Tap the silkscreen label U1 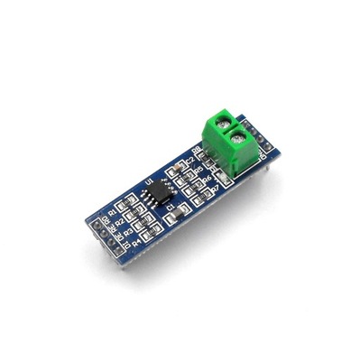pyautogui.click(x=148, y=182)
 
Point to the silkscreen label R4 pyautogui.click(x=136, y=242)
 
